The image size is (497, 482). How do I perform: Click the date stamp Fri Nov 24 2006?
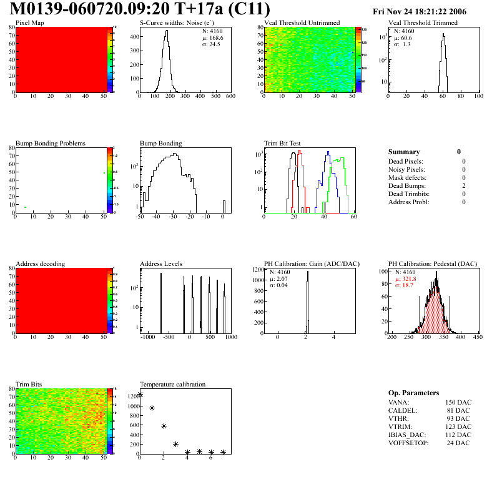tap(428, 11)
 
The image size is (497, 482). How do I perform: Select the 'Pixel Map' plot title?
tap(29, 23)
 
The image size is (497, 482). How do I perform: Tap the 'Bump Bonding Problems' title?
tap(50, 144)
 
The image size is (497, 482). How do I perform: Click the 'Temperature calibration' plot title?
tap(172, 385)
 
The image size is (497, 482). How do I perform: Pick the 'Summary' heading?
tap(404, 152)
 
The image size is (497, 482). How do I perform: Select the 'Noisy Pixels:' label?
tap(406, 169)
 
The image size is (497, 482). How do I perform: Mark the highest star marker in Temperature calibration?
tap(140, 394)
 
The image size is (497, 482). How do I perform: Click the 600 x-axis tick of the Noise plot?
tap(230, 97)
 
